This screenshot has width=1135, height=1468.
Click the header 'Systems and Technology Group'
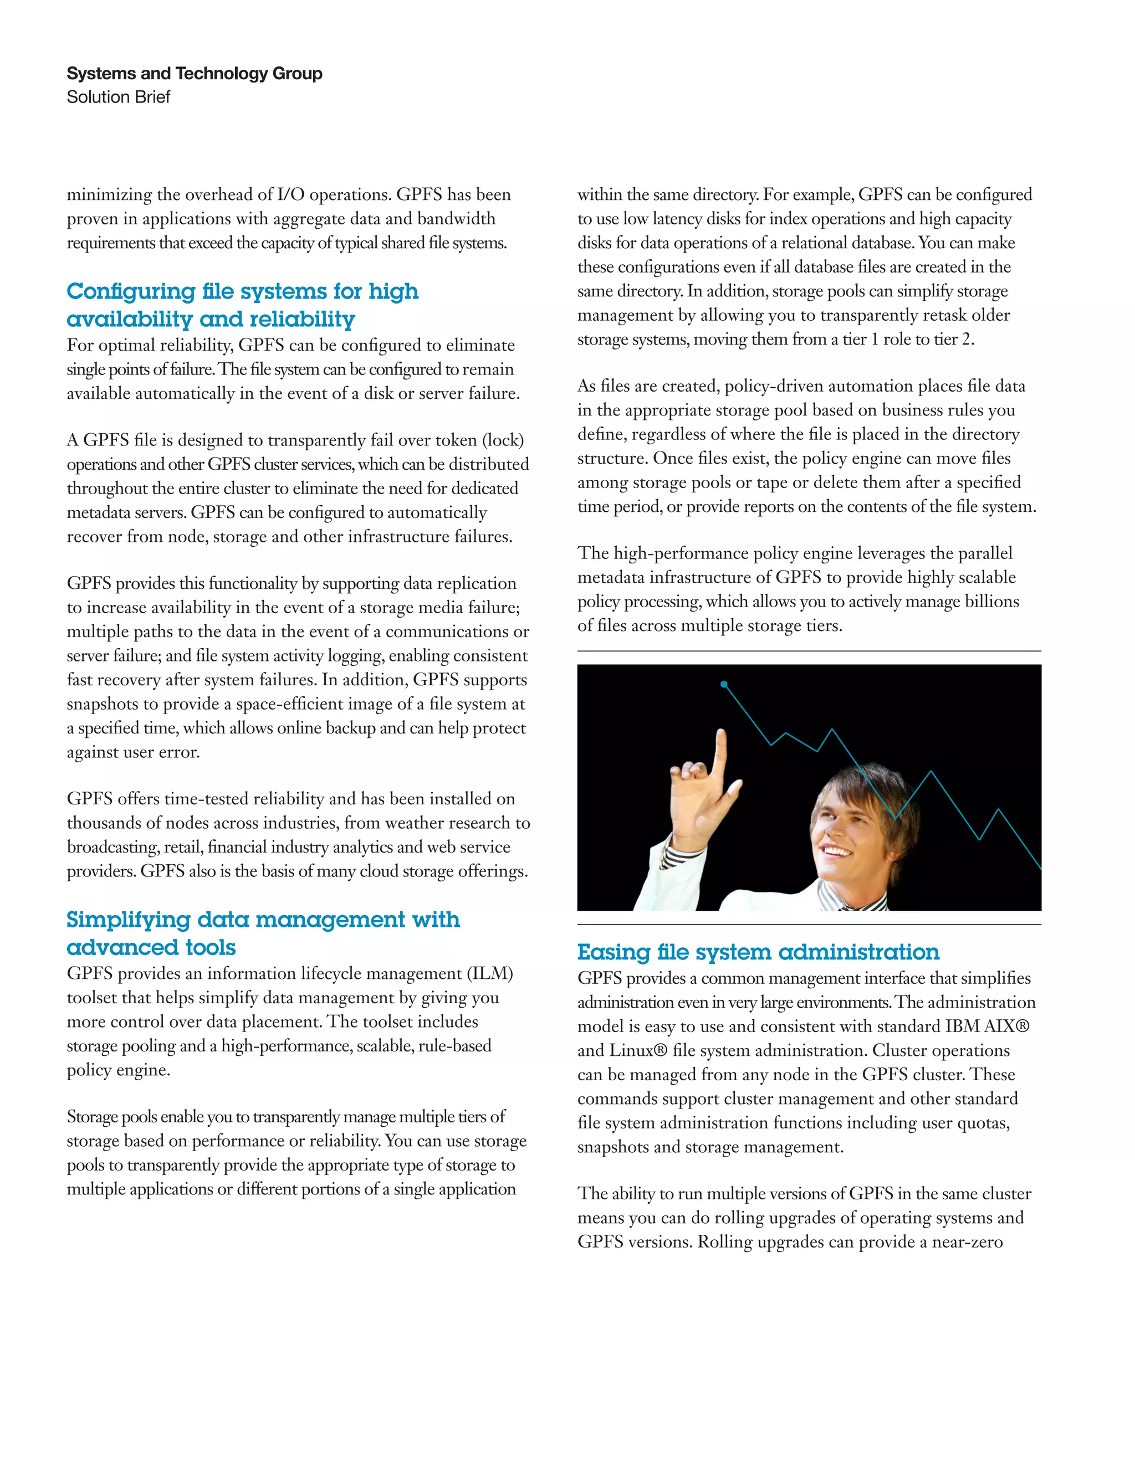tap(195, 73)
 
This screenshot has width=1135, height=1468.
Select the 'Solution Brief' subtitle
tap(119, 97)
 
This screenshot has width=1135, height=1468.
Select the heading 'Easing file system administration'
tap(758, 952)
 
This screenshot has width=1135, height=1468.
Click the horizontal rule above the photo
tap(809, 651)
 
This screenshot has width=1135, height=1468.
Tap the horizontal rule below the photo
tap(809, 925)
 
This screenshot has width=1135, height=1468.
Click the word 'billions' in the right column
tap(992, 602)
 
